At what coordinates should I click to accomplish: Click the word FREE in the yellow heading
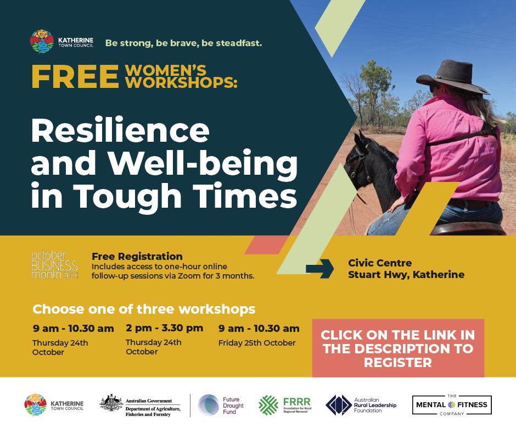click(75, 77)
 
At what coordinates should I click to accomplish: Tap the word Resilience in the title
click(120, 130)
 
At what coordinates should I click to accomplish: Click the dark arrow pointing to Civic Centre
click(320, 269)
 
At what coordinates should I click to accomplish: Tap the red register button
click(398, 348)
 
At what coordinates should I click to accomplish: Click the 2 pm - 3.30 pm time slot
click(165, 328)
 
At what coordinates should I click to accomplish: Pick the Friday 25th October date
click(257, 343)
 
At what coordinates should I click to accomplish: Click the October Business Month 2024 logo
click(55, 265)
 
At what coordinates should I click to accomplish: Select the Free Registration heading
click(137, 256)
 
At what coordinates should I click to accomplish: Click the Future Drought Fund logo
click(221, 406)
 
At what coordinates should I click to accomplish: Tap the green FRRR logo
click(285, 405)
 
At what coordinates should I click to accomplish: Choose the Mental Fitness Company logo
click(452, 404)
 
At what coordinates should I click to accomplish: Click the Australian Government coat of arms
click(111, 403)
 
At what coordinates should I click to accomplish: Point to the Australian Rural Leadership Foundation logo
click(361, 405)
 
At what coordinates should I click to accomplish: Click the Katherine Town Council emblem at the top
click(42, 42)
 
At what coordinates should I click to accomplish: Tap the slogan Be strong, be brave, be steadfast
click(184, 43)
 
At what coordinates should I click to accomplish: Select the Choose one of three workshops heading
click(144, 309)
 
